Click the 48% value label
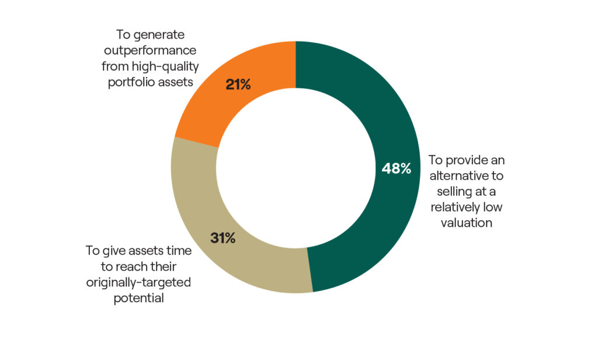397,168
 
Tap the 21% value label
238,85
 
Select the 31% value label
222,238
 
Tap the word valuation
465,223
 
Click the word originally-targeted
140,282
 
